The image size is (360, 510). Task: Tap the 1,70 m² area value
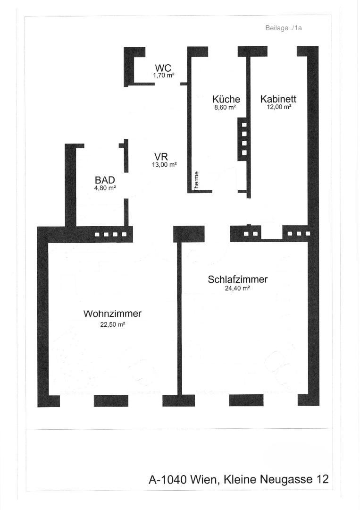coord(164,75)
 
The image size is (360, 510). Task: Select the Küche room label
coord(226,99)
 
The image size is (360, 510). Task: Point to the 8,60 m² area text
coord(225,107)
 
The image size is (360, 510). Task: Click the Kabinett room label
coord(278,99)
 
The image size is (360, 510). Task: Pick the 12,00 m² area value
coord(279,107)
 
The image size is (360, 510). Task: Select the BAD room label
coord(105,180)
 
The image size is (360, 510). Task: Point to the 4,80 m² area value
coord(105,188)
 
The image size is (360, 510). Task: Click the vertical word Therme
coord(197,180)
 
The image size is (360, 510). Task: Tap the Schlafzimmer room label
coord(237,280)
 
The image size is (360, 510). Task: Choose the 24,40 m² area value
coord(237,289)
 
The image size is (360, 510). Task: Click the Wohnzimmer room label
coord(112,314)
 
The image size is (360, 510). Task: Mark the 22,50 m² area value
coord(112,324)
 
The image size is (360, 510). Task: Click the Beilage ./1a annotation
coord(284,28)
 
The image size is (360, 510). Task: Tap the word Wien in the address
coord(204,480)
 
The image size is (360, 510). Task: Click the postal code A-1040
coord(167,480)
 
